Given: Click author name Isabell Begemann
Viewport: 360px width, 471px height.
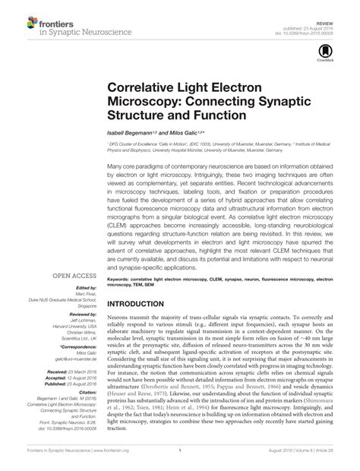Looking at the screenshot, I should coord(136,134).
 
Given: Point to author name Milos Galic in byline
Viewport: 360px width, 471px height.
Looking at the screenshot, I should coord(187,134).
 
